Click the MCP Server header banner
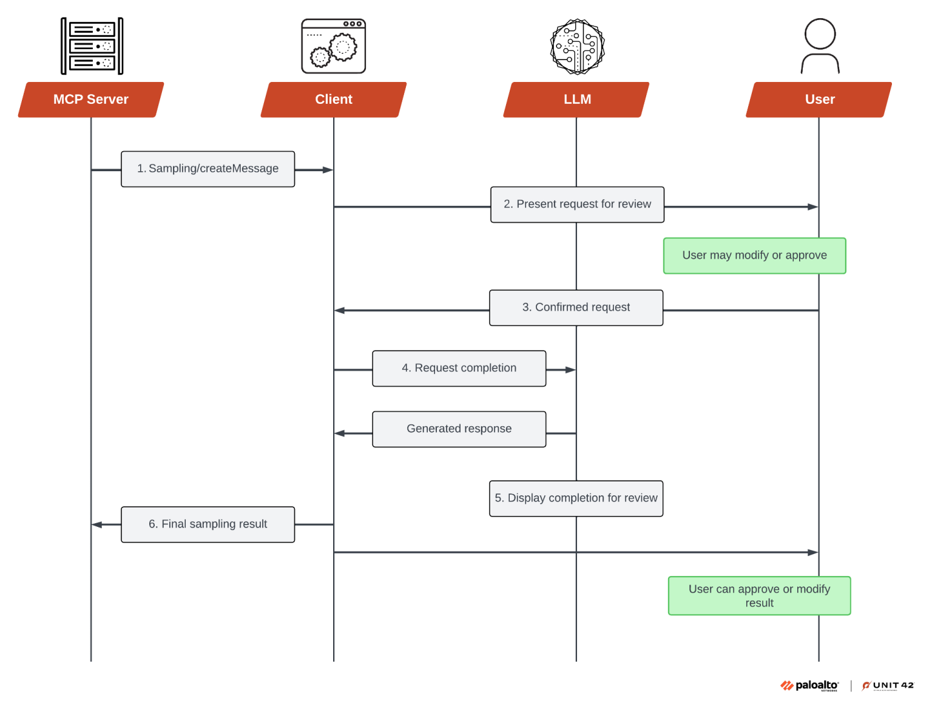pos(91,100)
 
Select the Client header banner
pos(334,100)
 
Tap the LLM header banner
pos(576,100)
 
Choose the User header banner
pos(819,100)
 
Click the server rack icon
pos(92,46)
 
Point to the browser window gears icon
pos(334,46)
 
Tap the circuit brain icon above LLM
pos(577,47)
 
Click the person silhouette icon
pos(820,46)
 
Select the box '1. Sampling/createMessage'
pos(208,169)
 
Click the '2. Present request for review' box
pos(577,205)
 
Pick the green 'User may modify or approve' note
pos(754,256)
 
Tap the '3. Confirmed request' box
pos(576,308)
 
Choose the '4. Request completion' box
pos(459,368)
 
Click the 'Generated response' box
pos(459,429)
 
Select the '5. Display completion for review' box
pos(576,498)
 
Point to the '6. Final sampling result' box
pos(208,524)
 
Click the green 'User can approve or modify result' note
pos(759,595)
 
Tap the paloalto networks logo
pos(809,685)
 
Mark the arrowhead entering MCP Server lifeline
pos(96,524)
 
